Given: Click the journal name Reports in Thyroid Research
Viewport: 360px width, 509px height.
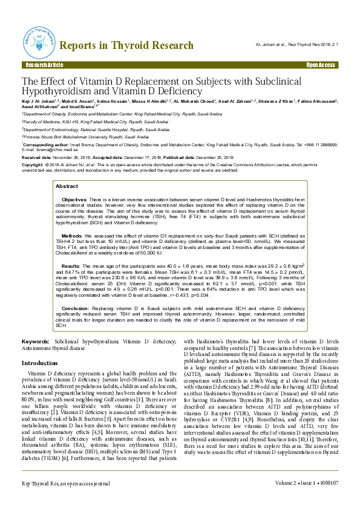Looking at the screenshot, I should pyautogui.click(x=127, y=45).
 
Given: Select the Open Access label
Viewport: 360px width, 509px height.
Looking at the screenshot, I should pyautogui.click(x=321, y=65).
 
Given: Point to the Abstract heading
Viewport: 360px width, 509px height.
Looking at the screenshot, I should pyautogui.click(x=67, y=170).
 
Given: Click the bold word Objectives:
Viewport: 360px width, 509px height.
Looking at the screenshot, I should pyautogui.click(x=76, y=182).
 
